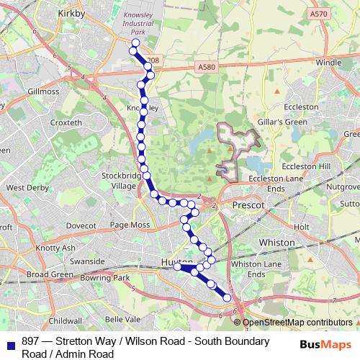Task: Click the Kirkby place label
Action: coord(70,13)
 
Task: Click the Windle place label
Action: coord(328,63)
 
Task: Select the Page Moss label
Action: coord(130,225)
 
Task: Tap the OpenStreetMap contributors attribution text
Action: coord(297,323)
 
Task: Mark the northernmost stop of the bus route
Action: coord(135,43)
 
